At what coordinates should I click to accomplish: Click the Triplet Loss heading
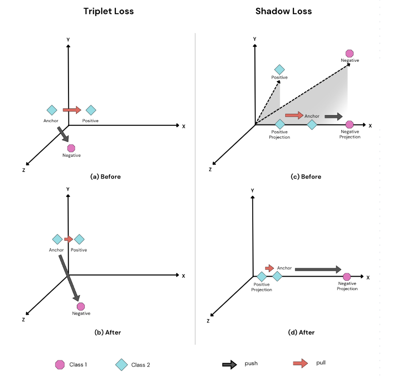point(108,12)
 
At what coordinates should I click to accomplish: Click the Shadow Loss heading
point(283,12)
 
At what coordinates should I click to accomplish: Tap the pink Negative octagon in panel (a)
point(71,148)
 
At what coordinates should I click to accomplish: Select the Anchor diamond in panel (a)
point(52,110)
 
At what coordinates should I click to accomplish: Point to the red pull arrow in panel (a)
point(72,110)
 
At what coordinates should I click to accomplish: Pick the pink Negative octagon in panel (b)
point(80,306)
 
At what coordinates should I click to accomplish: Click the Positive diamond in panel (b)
point(79,239)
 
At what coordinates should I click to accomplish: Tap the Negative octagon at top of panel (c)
point(350,53)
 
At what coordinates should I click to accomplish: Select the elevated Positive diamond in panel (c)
point(279,69)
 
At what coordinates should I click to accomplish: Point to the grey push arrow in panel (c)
point(334,116)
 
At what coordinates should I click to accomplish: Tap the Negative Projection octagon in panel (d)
point(347,276)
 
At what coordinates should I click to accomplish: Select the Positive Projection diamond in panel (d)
point(262,276)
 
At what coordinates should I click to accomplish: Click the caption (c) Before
point(306,176)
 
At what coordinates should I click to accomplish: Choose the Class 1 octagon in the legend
point(60,365)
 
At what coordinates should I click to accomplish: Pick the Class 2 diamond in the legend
point(121,365)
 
